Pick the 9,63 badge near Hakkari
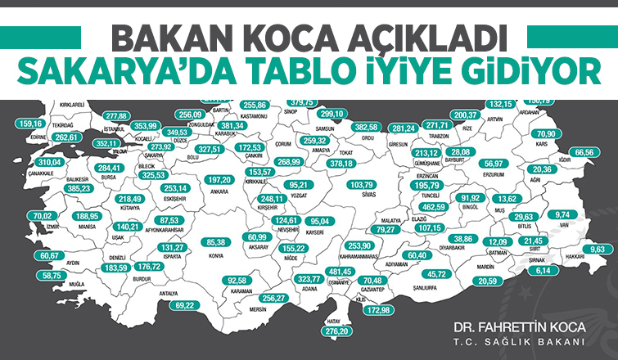pos(600,249)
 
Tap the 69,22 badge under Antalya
pos(188,305)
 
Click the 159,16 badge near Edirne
pos(30,124)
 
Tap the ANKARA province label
pos(219,191)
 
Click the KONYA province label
pos(217,254)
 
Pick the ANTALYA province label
pos(168,292)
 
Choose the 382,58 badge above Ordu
pos(366,128)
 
